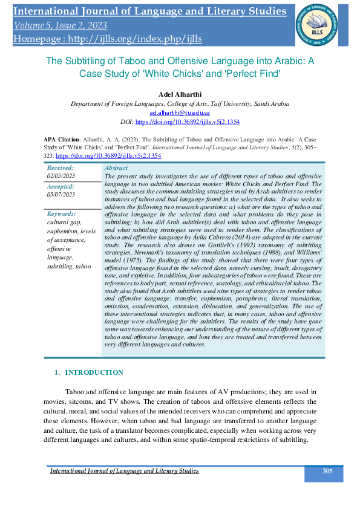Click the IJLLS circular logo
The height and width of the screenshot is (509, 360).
[x=316, y=23]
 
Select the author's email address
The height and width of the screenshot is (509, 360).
[x=179, y=112]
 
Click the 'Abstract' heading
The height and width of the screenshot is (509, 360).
[x=116, y=167]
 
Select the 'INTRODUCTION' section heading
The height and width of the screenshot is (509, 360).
[x=94, y=372]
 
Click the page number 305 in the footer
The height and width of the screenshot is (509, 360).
[x=327, y=471]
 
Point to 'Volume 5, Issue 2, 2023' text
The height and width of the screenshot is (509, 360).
[x=61, y=25]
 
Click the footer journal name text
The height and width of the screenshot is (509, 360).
[x=124, y=471]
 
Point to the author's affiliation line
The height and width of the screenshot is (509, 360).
[x=179, y=104]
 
